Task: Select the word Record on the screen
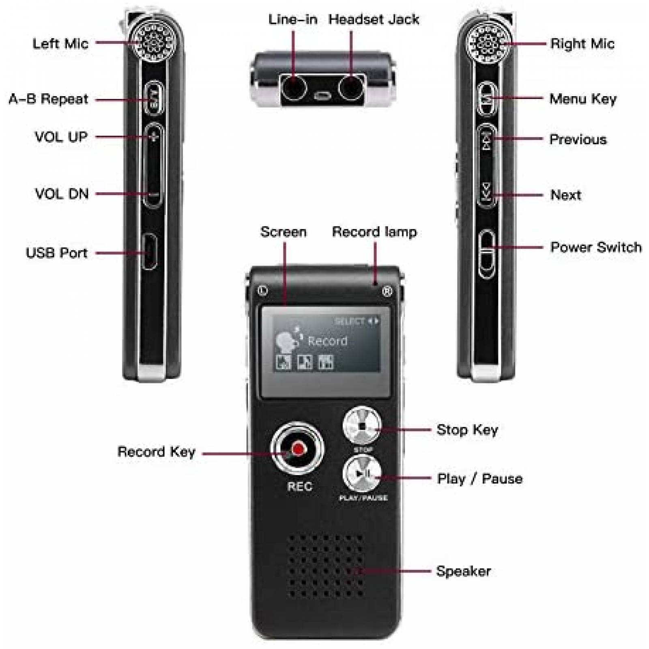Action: click(327, 341)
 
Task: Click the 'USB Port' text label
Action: click(56, 253)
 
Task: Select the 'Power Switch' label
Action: click(595, 247)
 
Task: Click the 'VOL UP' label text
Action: click(61, 137)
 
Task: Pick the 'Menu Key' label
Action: click(582, 99)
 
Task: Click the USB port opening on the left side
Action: click(150, 251)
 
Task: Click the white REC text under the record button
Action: click(299, 486)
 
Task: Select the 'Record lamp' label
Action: click(374, 232)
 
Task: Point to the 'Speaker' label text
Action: click(463, 571)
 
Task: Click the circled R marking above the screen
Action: click(387, 291)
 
